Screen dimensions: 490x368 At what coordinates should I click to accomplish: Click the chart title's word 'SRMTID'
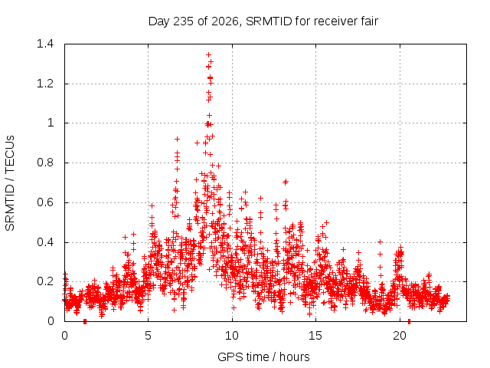269,21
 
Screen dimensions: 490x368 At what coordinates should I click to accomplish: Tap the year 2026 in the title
224,21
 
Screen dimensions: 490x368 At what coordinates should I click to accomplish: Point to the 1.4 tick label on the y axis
45,44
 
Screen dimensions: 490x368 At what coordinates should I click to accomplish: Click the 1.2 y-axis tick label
45,84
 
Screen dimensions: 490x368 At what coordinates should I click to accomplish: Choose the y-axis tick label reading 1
51,123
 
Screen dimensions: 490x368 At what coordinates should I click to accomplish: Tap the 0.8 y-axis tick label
45,163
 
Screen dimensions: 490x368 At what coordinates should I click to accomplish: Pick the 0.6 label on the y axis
45,202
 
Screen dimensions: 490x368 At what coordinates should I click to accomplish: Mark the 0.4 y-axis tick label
45,242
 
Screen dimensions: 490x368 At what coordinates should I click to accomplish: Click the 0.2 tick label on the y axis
45,281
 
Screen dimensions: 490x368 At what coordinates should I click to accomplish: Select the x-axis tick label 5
148,336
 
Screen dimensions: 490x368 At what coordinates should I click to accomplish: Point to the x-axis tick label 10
232,336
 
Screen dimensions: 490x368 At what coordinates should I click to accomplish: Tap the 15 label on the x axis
315,336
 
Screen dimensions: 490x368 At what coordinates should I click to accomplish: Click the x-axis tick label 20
400,336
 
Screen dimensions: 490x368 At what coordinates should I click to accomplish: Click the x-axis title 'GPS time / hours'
263,357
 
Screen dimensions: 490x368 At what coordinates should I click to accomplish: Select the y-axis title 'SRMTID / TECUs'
10,183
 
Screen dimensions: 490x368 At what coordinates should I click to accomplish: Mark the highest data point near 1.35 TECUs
208,54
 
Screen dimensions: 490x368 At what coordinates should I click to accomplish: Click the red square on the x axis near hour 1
85,321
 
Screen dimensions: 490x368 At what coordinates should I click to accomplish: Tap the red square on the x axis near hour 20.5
409,321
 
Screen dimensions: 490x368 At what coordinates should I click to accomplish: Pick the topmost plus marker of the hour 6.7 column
177,139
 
